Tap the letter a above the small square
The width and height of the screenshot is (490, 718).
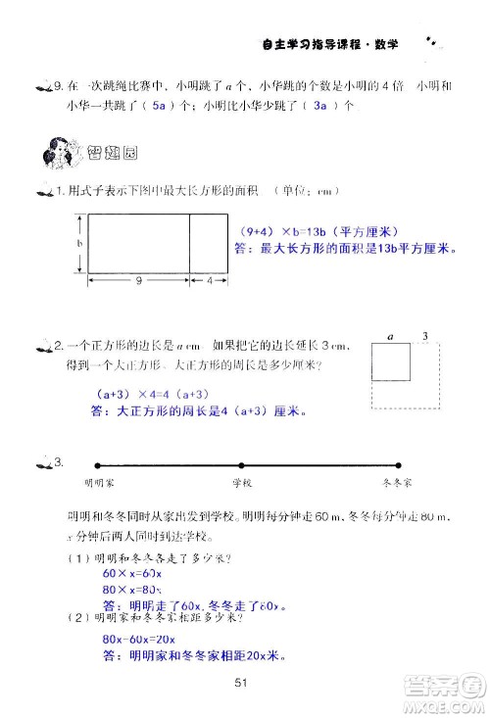point(390,336)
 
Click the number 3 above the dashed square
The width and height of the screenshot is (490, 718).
point(424,336)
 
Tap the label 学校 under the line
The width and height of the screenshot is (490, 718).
point(242,483)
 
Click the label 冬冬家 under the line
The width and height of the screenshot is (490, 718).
point(396,483)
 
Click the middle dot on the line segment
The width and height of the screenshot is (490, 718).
point(241,464)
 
